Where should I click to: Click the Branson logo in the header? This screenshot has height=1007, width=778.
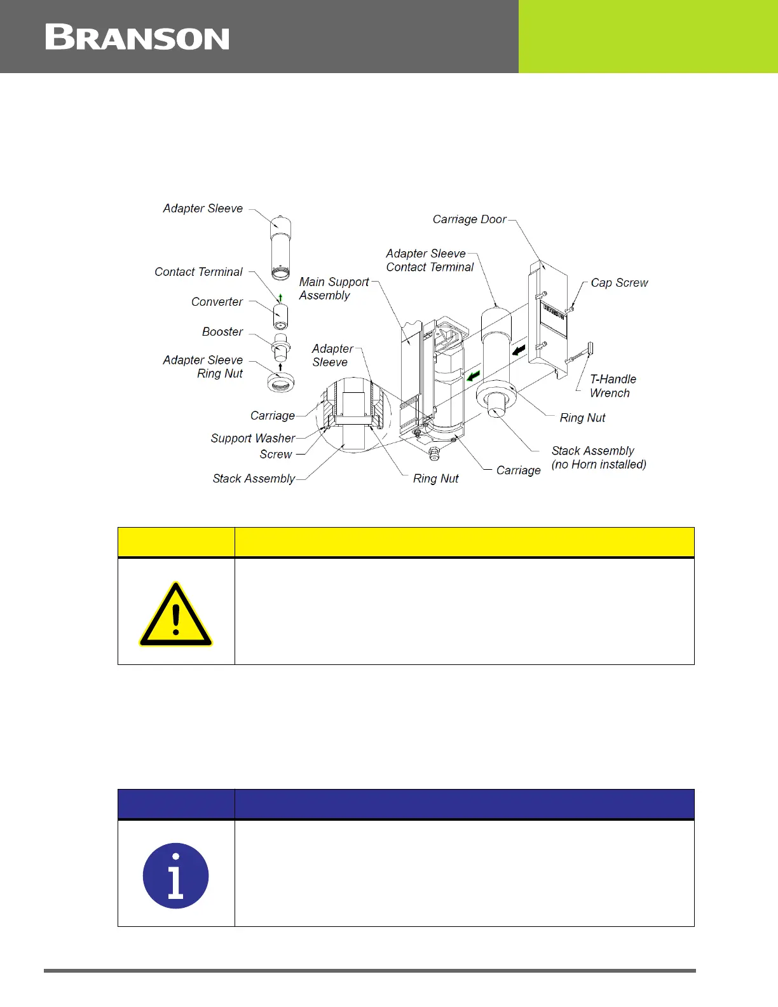click(x=137, y=38)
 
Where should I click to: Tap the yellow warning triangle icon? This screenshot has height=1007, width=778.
click(x=176, y=615)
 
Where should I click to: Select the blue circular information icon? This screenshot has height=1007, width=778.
click(x=176, y=875)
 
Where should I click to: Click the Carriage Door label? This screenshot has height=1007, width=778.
click(x=469, y=219)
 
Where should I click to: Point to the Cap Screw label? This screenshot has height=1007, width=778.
click(x=619, y=283)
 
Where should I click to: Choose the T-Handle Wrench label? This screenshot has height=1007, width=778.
click(x=612, y=386)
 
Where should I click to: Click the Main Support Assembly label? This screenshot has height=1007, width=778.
click(x=334, y=289)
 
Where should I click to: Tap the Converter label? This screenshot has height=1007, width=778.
click(x=217, y=302)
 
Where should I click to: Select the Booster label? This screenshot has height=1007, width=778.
click(x=222, y=332)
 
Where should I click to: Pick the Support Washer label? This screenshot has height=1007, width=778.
click(x=252, y=439)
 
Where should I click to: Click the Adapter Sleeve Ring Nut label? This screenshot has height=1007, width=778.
click(x=203, y=367)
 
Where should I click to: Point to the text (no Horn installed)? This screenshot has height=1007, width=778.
click(x=599, y=465)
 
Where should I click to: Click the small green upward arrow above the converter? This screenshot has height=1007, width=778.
click(x=280, y=298)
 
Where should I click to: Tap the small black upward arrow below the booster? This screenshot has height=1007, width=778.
click(x=280, y=367)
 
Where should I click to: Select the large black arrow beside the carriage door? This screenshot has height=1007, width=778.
click(x=519, y=350)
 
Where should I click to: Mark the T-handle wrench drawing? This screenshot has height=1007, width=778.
click(x=580, y=354)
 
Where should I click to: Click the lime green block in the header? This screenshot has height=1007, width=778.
click(x=648, y=36)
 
